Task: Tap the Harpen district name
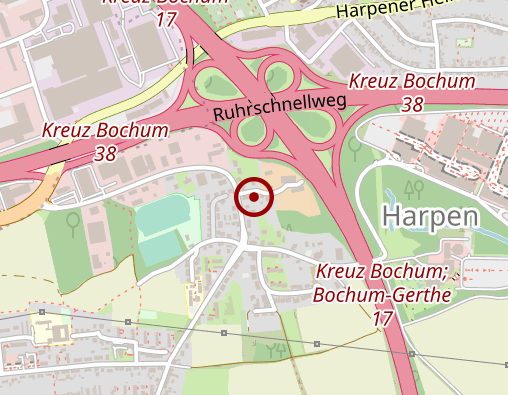coord(430,216)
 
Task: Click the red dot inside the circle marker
coord(254,197)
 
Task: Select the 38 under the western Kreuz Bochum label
coord(105,153)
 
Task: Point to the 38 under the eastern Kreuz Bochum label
coord(411,103)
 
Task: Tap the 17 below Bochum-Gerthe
coord(381,319)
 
